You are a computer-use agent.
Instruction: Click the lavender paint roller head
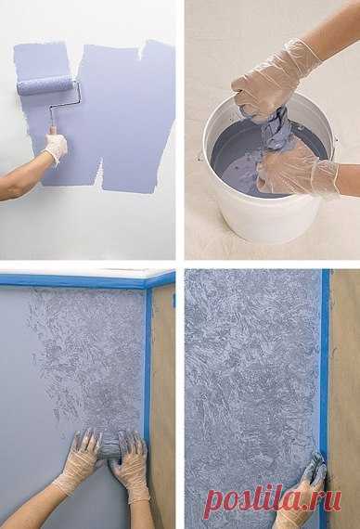point(45,85)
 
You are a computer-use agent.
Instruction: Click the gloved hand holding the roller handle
point(56,147)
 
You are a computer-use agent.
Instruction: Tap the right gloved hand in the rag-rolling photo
point(130,467)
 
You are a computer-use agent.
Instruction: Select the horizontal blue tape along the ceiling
point(87,280)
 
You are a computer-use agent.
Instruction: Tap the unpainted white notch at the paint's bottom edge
point(99,177)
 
